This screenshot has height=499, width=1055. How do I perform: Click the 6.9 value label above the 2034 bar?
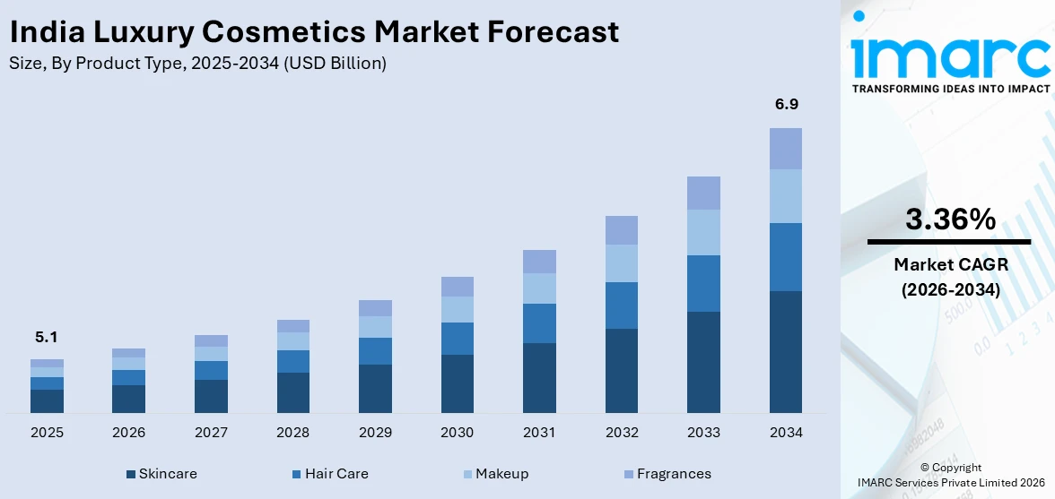point(786,105)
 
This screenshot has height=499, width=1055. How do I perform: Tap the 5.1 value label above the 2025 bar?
point(47,337)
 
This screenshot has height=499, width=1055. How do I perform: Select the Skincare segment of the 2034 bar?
point(786,351)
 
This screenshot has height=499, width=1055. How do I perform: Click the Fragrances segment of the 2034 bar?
point(786,148)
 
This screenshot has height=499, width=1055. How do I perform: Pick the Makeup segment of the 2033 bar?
point(703,232)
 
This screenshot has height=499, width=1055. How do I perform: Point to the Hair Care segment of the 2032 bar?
point(622,305)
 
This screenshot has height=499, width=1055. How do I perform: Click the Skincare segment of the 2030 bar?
point(458,383)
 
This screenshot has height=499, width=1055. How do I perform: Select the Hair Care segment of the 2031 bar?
point(539,323)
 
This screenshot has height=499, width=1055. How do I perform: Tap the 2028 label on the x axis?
point(293,433)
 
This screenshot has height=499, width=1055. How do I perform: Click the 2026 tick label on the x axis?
point(129,433)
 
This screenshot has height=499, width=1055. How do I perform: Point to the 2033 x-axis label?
point(703,433)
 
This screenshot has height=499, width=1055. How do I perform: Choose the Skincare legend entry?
point(161,474)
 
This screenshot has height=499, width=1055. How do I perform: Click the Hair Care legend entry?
point(329,474)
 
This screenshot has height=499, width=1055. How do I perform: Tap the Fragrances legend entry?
point(667,474)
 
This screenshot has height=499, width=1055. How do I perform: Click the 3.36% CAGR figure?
point(949,219)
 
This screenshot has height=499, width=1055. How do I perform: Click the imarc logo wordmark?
point(949,56)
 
